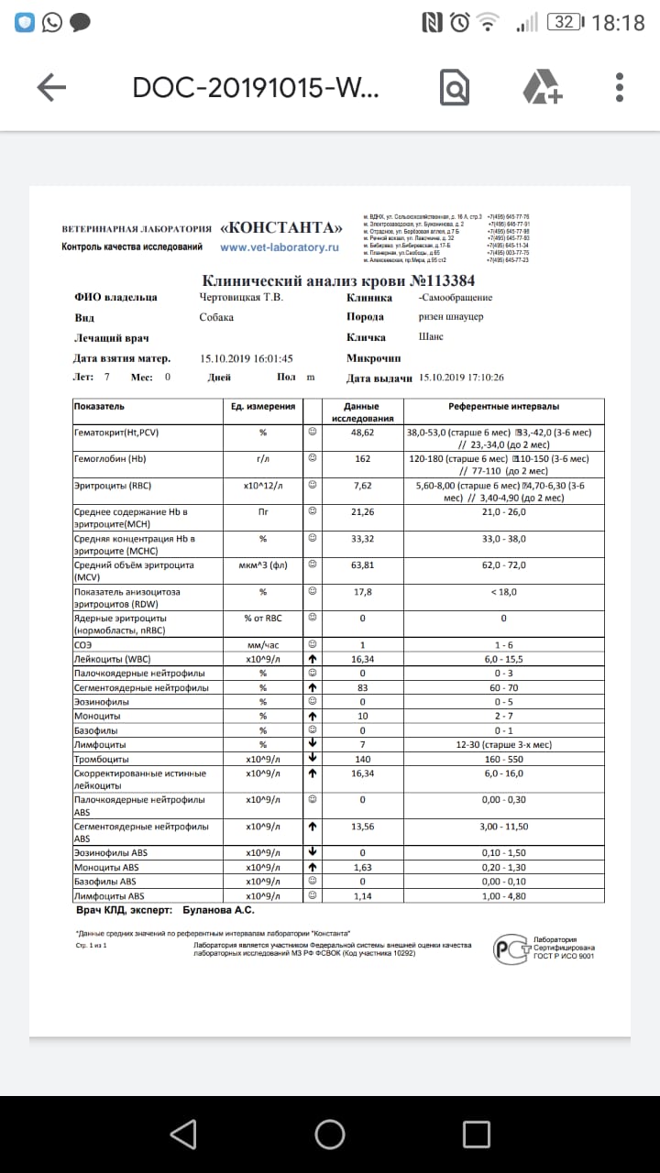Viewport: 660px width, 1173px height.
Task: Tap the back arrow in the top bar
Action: coord(51,87)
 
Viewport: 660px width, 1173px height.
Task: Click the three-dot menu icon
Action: coord(621,87)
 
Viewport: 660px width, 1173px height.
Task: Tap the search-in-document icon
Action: coord(455,88)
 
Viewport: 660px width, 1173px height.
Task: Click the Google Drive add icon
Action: coord(542,87)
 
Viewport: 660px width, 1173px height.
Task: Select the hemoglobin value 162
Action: coord(362,458)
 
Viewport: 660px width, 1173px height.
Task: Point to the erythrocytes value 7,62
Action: coord(362,486)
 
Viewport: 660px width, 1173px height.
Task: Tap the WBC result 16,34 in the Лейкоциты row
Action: coord(362,659)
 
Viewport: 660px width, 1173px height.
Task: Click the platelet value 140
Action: coord(362,759)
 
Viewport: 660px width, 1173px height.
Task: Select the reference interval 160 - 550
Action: coord(504,759)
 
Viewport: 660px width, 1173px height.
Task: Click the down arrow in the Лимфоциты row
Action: coord(313,744)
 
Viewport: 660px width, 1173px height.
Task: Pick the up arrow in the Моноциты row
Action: coord(313,716)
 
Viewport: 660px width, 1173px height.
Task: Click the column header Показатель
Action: coord(100,406)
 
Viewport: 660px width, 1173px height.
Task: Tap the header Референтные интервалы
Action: coord(504,406)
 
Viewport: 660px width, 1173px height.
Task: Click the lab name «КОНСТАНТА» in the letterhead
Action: coord(283,228)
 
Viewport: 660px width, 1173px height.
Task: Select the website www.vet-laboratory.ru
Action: coord(280,247)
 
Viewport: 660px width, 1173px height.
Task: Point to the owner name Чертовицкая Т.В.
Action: coord(241,297)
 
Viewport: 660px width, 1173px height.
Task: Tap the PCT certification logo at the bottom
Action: coord(510,948)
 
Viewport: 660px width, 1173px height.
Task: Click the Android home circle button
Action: coord(330,1135)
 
